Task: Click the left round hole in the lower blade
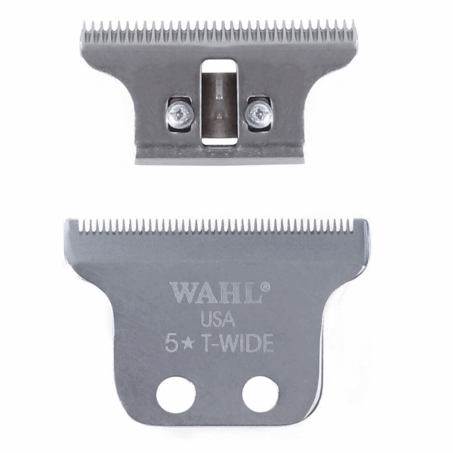(x=176, y=393)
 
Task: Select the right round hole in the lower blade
(x=260, y=393)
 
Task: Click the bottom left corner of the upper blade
(x=137, y=160)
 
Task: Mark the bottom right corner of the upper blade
(x=304, y=159)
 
